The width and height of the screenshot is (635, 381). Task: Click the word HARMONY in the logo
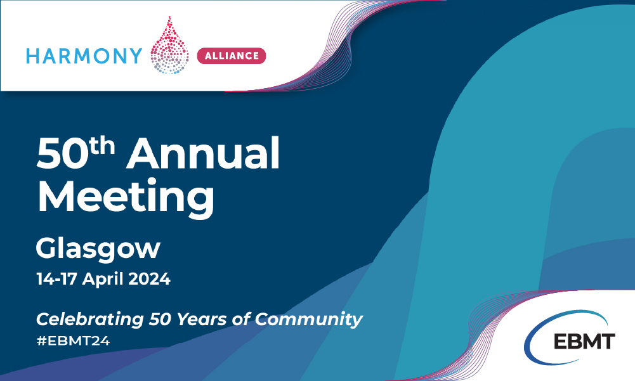pos(84,56)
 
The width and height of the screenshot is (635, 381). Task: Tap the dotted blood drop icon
pos(169,46)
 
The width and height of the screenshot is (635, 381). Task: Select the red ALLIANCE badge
pos(232,56)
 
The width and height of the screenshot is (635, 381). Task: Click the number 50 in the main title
pos(62,154)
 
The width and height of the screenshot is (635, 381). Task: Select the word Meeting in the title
pos(126,198)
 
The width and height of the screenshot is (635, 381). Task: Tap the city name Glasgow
pos(98,249)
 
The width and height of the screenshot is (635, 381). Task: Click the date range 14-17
pos(56,279)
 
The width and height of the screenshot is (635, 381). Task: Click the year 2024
pos(150,279)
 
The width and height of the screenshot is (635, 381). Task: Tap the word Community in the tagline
pos(308,320)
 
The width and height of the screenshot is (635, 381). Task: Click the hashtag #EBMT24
pos(74,341)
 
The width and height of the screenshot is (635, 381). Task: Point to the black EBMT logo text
pos(584,341)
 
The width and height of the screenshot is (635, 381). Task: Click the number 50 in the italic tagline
pos(160,319)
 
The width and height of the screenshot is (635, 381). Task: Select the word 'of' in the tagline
pos(240,319)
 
